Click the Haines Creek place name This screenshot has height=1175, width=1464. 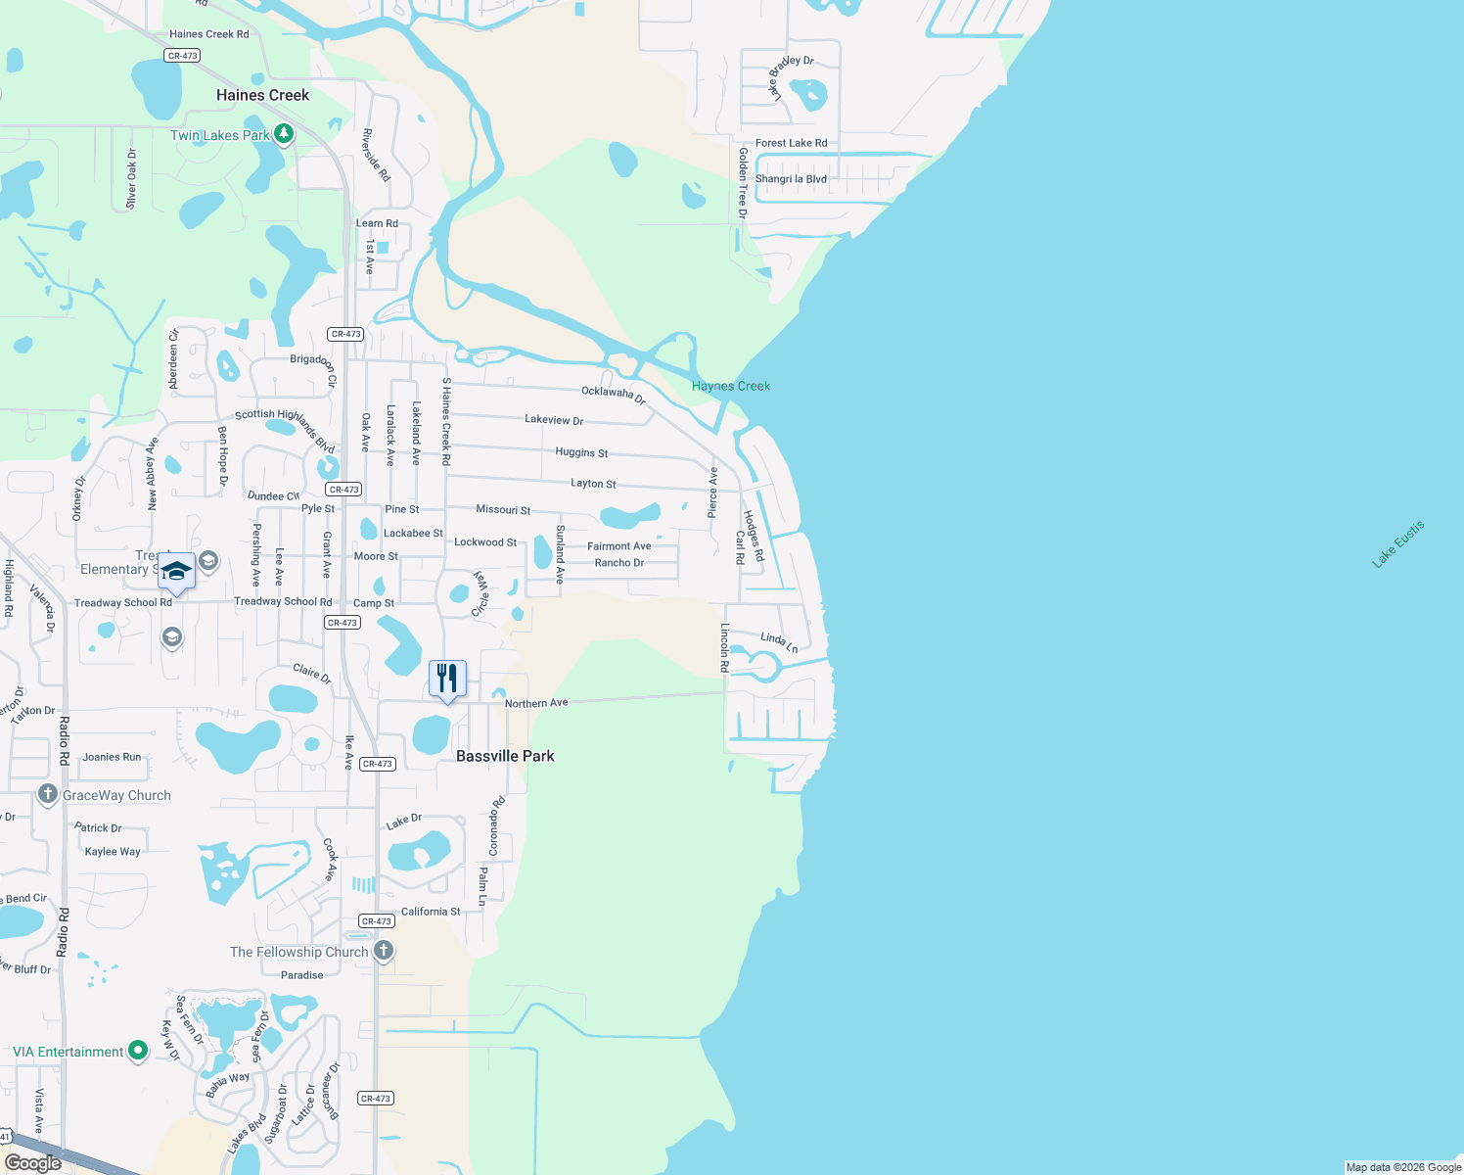(x=262, y=95)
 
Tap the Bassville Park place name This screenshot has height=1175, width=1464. (x=505, y=756)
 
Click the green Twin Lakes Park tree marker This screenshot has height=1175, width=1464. (x=284, y=134)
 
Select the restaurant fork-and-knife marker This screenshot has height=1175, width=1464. (x=447, y=679)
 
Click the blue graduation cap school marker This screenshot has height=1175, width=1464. (x=176, y=572)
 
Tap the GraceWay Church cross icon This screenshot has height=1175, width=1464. (x=48, y=794)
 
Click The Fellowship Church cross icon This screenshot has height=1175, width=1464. (x=384, y=950)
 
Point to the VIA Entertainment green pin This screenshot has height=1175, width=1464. (x=138, y=1051)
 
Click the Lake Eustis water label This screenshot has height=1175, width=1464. (x=1397, y=544)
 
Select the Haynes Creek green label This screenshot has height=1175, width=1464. (x=730, y=386)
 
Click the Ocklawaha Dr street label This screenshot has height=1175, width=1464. (x=614, y=394)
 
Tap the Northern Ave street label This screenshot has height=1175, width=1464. (x=536, y=703)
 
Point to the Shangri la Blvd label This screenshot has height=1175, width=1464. (x=791, y=179)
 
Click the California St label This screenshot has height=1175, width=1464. (x=431, y=912)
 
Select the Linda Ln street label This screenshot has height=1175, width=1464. (x=779, y=641)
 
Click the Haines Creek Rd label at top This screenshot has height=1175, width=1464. (x=208, y=34)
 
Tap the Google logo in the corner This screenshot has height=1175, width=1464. (x=33, y=1162)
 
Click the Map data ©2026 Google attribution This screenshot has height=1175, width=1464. (x=1403, y=1167)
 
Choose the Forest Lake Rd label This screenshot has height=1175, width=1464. (x=791, y=143)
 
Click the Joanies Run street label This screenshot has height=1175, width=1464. (x=112, y=757)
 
